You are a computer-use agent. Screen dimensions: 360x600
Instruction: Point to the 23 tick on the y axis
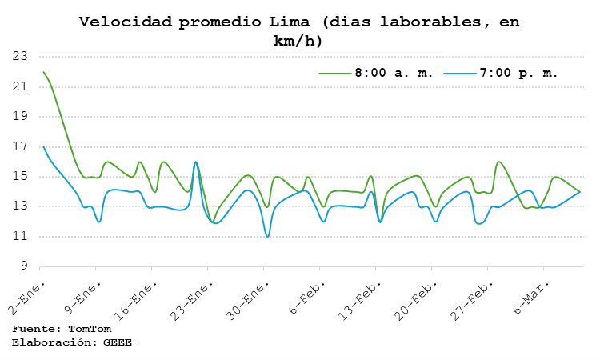20,57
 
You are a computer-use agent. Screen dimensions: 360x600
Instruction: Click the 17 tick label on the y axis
20,146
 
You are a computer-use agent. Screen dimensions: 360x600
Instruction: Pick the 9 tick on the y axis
23,266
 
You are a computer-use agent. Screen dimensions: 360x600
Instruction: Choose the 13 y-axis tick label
20,206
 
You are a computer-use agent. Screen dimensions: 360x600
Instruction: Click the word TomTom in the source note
89,329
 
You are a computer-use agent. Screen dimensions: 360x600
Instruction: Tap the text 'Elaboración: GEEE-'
75,342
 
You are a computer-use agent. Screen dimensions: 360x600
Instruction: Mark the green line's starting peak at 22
43,72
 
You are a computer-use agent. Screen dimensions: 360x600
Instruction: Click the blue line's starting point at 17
43,146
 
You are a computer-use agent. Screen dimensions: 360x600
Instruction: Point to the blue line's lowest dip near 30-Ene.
267,236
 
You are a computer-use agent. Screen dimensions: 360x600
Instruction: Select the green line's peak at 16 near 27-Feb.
498,162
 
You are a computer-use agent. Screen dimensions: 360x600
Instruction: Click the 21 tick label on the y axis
20,86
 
